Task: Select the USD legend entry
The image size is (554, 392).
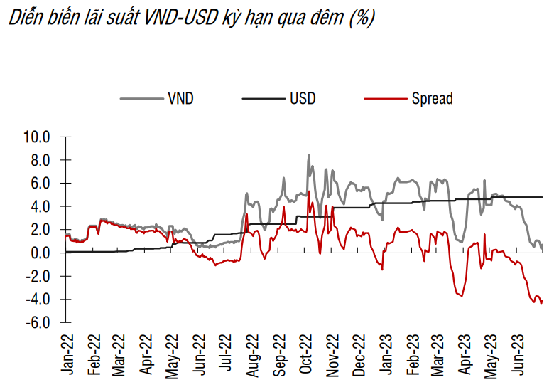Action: coord(302,99)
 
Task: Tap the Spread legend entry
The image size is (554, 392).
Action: coord(432,99)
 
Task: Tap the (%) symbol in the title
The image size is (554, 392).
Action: coord(360,19)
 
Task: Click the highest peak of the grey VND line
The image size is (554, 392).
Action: coord(308,155)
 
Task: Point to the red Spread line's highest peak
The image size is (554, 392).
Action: coord(309,191)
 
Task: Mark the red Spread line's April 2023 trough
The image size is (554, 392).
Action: coord(462,296)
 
